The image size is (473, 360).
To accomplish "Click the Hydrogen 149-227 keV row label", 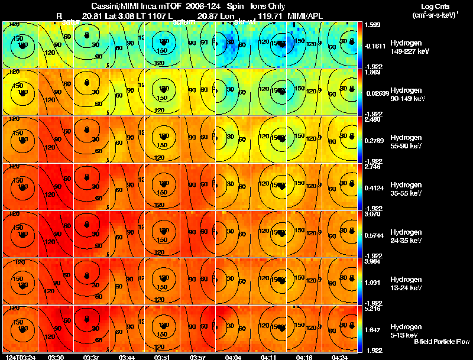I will click(x=409, y=47).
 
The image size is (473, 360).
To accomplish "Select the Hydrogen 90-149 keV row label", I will click(x=409, y=95).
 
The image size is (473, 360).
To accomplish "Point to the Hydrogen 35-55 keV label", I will click(x=409, y=189).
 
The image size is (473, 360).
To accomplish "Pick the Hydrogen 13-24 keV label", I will click(x=409, y=284).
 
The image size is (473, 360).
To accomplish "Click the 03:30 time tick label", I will click(x=56, y=356).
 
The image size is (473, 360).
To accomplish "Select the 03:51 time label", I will click(x=162, y=356).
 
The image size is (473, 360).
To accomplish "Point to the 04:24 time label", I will click(x=339, y=356).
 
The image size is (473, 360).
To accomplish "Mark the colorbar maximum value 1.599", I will click(x=372, y=25).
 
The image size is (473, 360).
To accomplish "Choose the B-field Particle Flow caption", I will click(x=441, y=342).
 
